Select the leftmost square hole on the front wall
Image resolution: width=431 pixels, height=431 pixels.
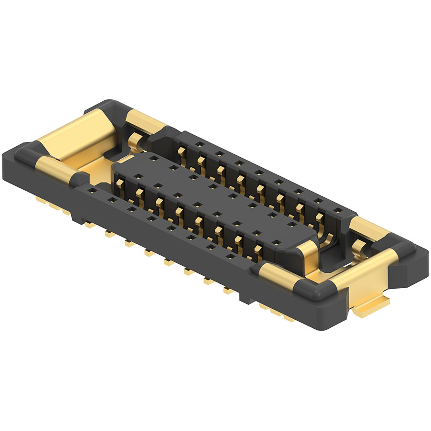tap(91, 190)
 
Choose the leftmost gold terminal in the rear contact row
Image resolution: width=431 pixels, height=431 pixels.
tap(182, 151)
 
